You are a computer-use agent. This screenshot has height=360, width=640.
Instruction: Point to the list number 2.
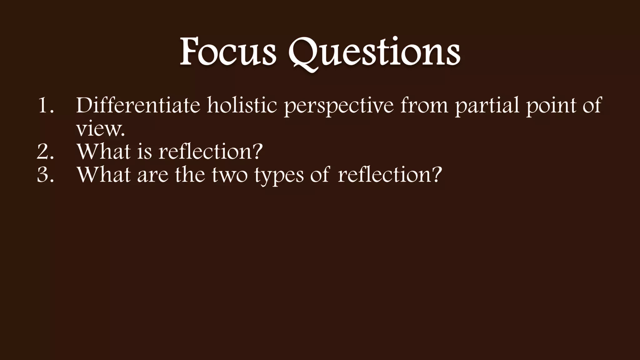(x=46, y=152)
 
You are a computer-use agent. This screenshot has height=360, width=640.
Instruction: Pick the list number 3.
(x=46, y=175)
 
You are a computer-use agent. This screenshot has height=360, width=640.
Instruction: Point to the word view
(x=100, y=129)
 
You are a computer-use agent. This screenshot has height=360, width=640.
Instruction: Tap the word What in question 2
(x=104, y=152)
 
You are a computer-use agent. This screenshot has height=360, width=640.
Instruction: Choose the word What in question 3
(x=104, y=175)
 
